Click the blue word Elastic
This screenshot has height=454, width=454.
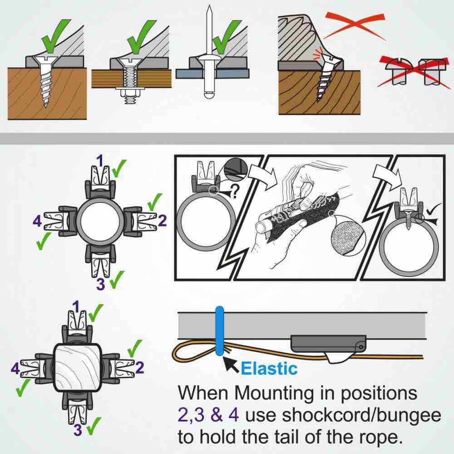(x=269, y=368)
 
